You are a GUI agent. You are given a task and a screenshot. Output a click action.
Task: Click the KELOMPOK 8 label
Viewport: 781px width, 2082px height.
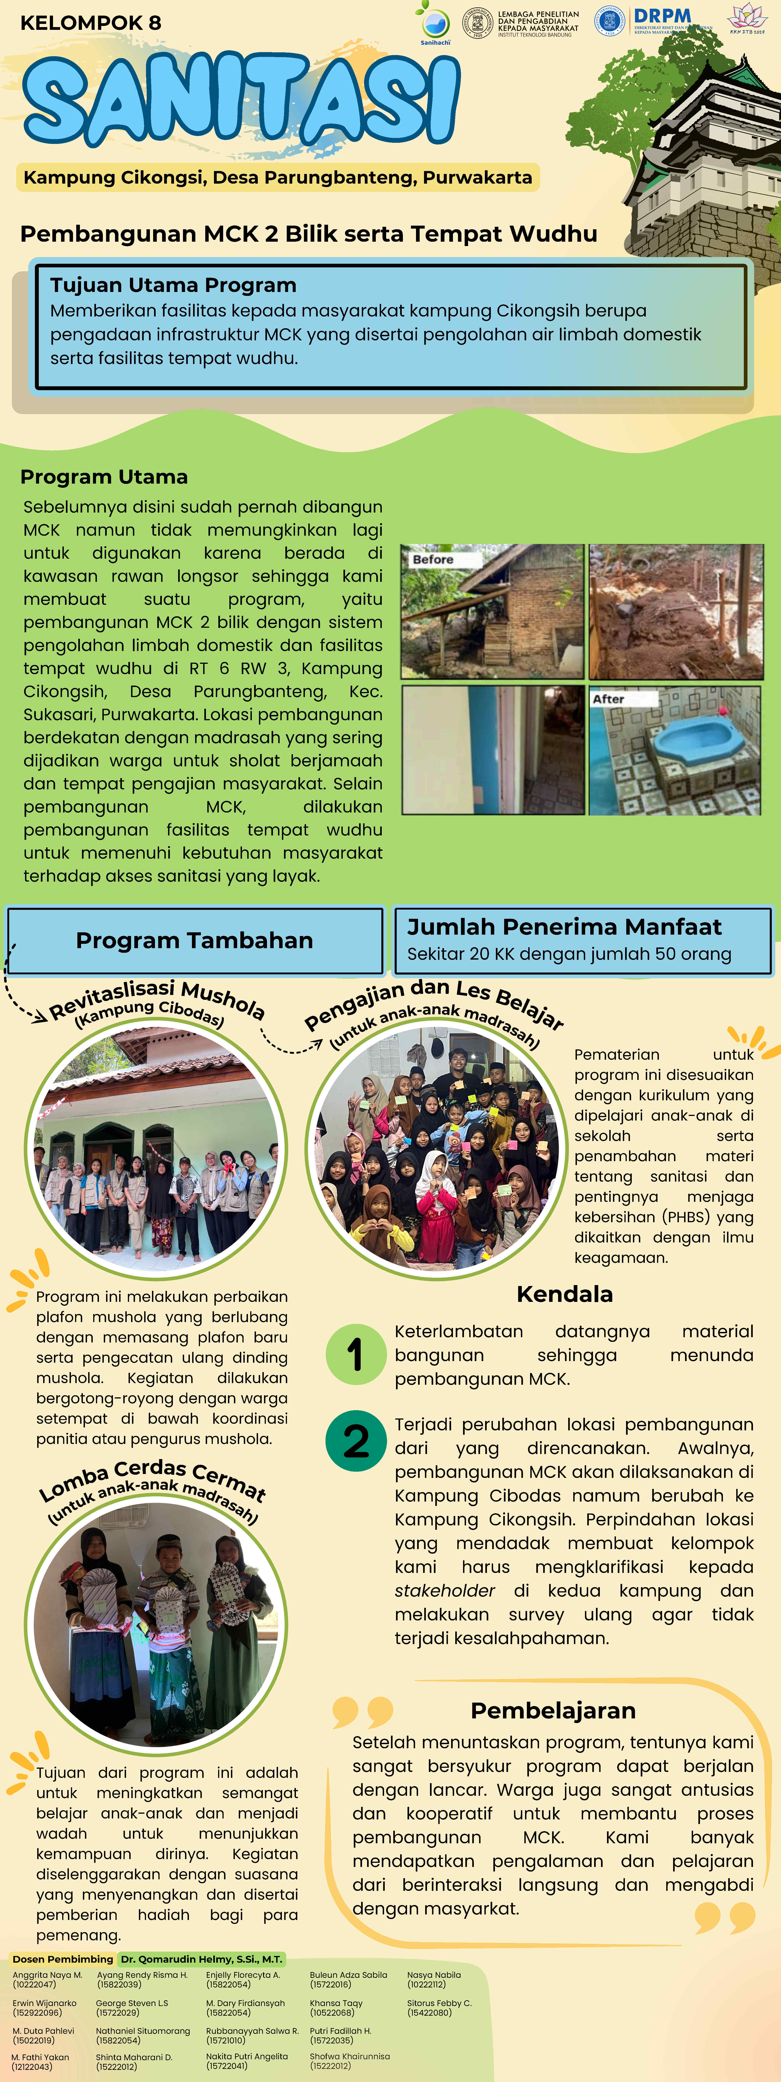click(90, 23)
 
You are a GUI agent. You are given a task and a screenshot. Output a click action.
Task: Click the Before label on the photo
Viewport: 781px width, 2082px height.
click(433, 559)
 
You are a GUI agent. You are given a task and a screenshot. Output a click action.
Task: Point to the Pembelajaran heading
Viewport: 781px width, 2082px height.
click(553, 1711)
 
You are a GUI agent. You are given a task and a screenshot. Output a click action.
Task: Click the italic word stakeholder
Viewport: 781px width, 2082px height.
click(445, 1591)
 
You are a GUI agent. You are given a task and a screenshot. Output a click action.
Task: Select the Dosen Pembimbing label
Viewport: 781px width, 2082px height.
click(62, 1959)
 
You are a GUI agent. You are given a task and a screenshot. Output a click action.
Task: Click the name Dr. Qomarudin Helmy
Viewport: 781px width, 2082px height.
click(201, 1959)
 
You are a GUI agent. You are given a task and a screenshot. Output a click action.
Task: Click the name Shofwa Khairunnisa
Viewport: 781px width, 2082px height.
click(349, 2056)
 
